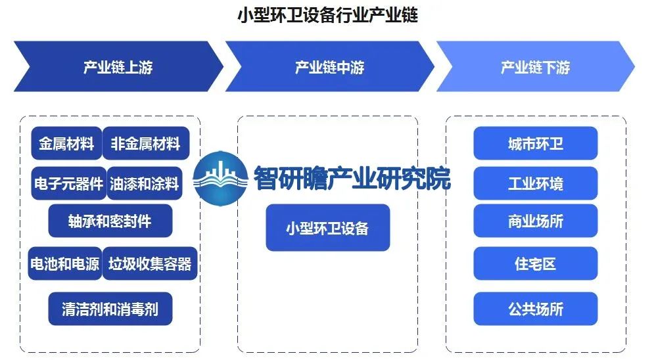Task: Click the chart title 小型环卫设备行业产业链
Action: pos(327,15)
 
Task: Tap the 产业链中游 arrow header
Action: pos(329,67)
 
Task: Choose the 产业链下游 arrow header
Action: pos(535,67)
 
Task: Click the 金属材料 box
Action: pos(66,144)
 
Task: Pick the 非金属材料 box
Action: pos(145,144)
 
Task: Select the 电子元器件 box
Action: pos(68,183)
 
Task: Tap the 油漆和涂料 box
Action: pos(145,183)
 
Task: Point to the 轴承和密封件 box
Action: pos(110,221)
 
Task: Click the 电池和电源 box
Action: pos(64,263)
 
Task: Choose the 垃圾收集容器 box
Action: pos(150,263)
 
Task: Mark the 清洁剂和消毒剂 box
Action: pos(110,307)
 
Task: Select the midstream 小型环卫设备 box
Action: pos(327,228)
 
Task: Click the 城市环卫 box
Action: pos(535,144)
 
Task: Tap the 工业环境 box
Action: pos(535,183)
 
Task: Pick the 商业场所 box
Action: pos(535,221)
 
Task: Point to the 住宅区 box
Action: pos(535,263)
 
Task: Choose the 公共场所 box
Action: pos(535,309)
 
